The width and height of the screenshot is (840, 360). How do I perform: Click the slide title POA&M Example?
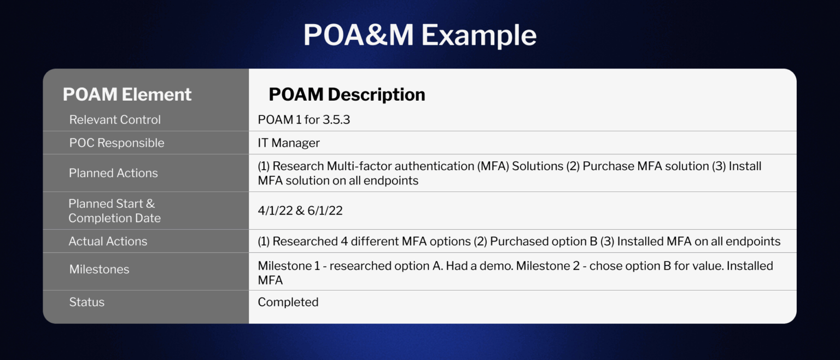point(419,35)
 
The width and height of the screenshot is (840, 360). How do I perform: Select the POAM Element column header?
point(127,95)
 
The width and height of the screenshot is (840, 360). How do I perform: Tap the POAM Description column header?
point(347,95)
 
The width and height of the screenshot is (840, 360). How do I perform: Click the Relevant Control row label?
point(115,120)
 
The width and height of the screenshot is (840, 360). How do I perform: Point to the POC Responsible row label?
point(116,143)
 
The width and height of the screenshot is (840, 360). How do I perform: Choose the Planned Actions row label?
point(113,173)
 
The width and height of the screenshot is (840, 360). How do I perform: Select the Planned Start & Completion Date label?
point(114,211)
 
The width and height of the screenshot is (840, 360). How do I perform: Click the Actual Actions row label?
point(108,241)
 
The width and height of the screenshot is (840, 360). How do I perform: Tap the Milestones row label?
point(99,269)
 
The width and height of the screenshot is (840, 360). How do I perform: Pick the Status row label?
point(86,302)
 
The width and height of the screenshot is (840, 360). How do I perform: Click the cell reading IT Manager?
point(289,143)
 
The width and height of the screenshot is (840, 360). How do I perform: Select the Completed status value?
point(288,302)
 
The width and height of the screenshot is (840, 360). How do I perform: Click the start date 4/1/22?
point(275,211)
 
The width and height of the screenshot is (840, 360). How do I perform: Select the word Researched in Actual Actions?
point(305,241)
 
